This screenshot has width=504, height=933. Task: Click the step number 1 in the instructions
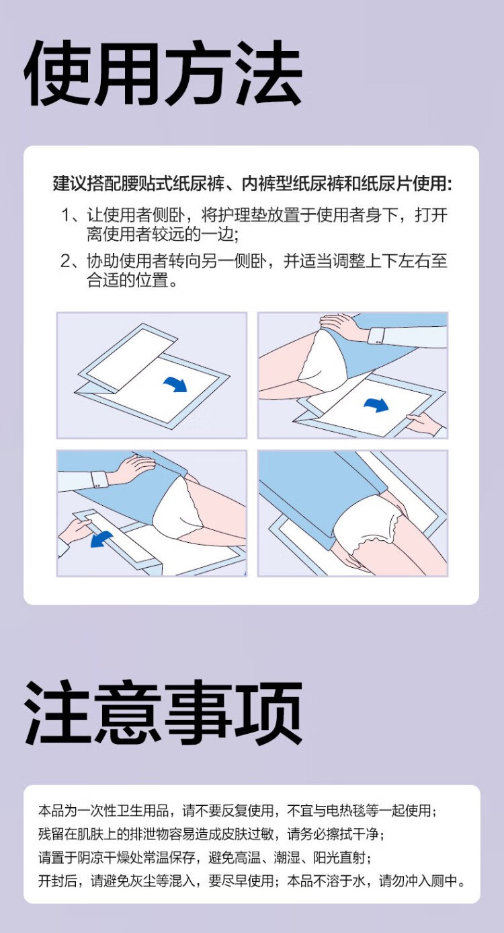(x=67, y=216)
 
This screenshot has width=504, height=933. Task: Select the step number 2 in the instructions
(x=67, y=262)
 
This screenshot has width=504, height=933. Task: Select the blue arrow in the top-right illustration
(x=376, y=404)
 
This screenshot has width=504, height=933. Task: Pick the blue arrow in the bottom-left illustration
(x=102, y=539)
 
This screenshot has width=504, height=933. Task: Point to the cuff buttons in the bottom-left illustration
(x=98, y=485)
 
